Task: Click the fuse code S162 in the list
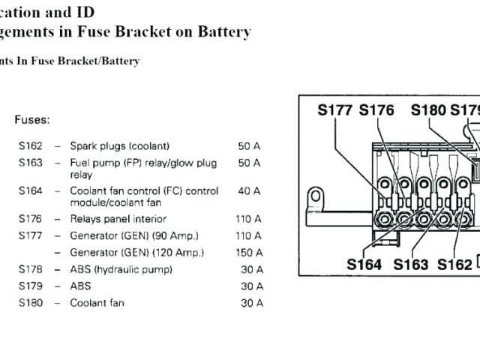click(x=31, y=145)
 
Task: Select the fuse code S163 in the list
click(x=31, y=162)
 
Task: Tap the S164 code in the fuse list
click(x=31, y=190)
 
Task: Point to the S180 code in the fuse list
click(x=31, y=303)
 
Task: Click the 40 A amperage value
click(x=249, y=190)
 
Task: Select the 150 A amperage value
click(x=249, y=253)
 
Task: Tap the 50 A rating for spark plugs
click(x=249, y=145)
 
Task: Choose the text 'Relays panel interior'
click(x=118, y=219)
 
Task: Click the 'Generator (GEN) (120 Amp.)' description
click(x=136, y=253)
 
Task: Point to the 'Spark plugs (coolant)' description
click(x=119, y=145)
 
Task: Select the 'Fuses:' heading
click(x=32, y=119)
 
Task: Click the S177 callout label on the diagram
click(x=335, y=110)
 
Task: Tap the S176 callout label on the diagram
click(x=376, y=110)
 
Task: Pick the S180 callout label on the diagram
click(x=428, y=110)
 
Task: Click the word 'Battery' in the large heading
click(x=224, y=31)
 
